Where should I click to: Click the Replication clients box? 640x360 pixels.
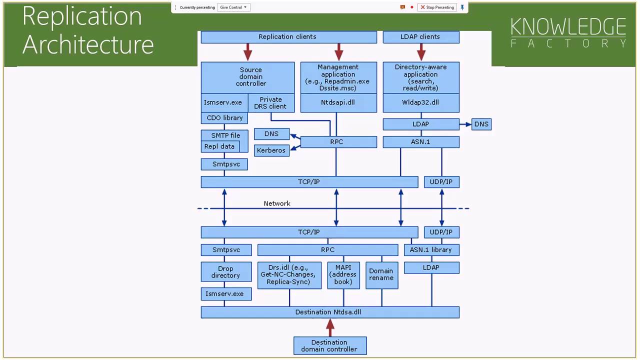coord(288,37)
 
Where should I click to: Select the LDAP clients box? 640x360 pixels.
coord(420,37)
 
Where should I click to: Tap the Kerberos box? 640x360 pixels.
coord(271,150)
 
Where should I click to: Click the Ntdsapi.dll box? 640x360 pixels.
coord(338,102)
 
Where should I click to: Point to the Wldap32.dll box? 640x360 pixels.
coord(420,102)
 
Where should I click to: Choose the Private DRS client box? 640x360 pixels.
coord(270,103)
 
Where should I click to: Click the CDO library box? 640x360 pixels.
coord(224,118)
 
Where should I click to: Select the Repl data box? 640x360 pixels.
coord(219,146)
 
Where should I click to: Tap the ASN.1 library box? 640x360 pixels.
coord(431,249)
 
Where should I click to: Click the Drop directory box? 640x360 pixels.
coord(225,272)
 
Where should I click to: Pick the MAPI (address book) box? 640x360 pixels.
coord(343,275)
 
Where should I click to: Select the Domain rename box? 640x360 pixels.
coord(381,274)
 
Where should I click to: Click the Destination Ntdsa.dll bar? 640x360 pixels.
coord(329,312)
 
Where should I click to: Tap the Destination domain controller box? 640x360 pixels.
coord(329,345)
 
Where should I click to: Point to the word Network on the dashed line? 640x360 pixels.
coord(277,203)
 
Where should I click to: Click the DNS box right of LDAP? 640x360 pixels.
coord(481,124)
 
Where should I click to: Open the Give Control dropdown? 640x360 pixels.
coord(233,7)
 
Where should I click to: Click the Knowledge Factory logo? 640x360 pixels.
coord(568,33)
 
